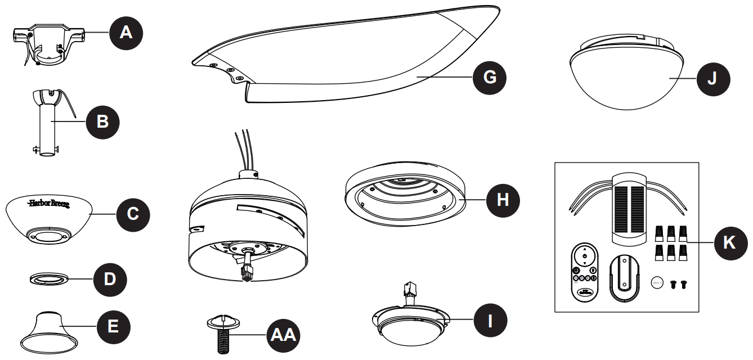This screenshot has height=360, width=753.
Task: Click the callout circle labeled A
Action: coord(127,33)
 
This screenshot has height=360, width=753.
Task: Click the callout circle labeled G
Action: coord(490,76)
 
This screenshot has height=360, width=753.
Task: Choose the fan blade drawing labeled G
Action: coord(349,62)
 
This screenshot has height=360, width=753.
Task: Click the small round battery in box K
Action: coord(658,283)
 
